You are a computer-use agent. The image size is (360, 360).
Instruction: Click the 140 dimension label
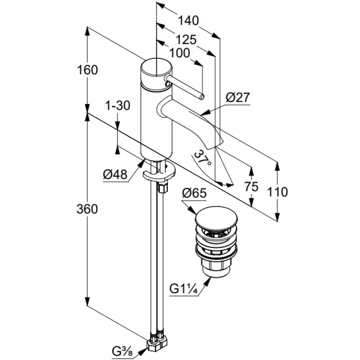pos(188,21)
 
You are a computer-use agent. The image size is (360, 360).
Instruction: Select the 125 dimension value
pos(186,40)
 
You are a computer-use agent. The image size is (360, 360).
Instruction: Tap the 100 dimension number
pos(180,53)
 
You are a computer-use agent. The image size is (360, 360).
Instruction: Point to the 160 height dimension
pos(87,70)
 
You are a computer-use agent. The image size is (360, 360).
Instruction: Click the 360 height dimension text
pos(87,209)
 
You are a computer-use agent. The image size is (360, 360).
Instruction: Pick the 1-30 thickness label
pos(117,106)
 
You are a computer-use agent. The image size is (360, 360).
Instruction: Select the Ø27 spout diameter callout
pos(238,98)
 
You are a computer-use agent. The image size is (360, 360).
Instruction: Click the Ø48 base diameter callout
pos(115,175)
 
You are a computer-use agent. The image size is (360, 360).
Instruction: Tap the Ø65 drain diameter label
pos(194,193)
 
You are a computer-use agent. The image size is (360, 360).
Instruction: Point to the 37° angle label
pos(202,159)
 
